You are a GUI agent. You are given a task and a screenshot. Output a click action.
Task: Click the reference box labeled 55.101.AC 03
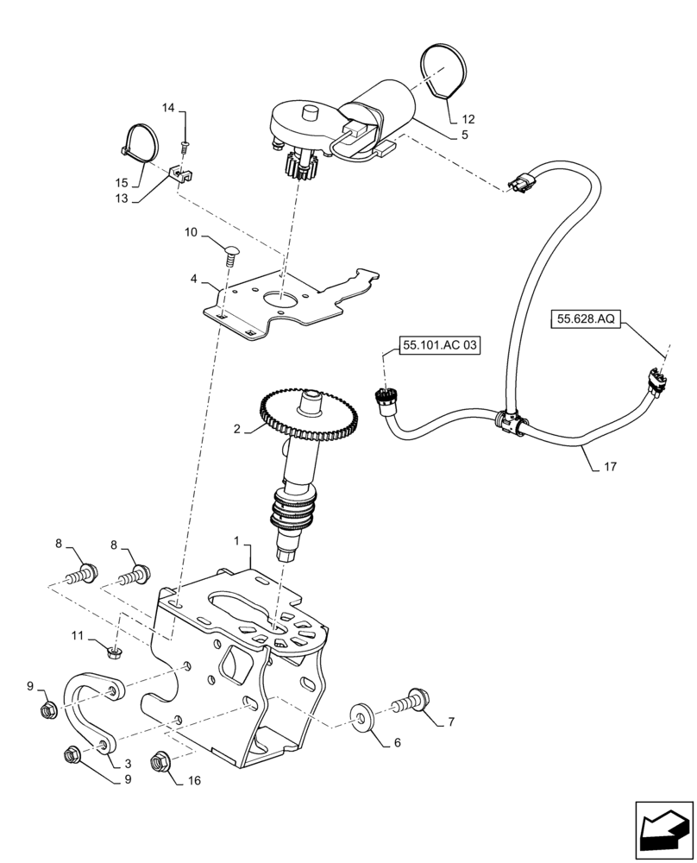pos(439,345)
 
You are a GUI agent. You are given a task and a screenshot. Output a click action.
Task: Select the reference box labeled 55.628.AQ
pos(585,319)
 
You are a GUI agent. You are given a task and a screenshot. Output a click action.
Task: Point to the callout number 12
pos(468,118)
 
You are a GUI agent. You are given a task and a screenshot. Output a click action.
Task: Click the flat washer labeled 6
pos(360,717)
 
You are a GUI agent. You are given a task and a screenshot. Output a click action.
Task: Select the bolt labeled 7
pos(411,700)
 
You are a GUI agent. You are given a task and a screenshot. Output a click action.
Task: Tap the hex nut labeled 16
pos(159,761)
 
